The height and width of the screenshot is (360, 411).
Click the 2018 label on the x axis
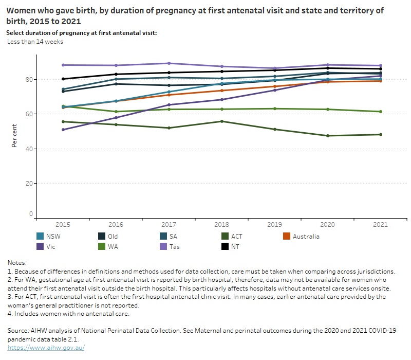pos(222,225)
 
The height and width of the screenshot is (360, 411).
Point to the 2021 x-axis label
pos(381,225)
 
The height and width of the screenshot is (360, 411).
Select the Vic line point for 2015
pos(63,130)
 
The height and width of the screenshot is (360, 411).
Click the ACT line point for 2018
pos(222,121)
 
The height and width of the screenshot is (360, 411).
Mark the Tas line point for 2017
pos(169,63)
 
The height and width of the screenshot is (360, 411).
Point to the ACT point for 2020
pos(328,136)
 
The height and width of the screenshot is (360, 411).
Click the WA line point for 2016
pos(116,112)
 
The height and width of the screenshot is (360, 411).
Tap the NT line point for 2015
pos(63,79)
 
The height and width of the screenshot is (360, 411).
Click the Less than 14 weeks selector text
pos(35,42)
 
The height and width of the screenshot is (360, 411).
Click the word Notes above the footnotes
pos(17,263)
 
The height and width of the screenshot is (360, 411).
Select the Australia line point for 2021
pos(381,81)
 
